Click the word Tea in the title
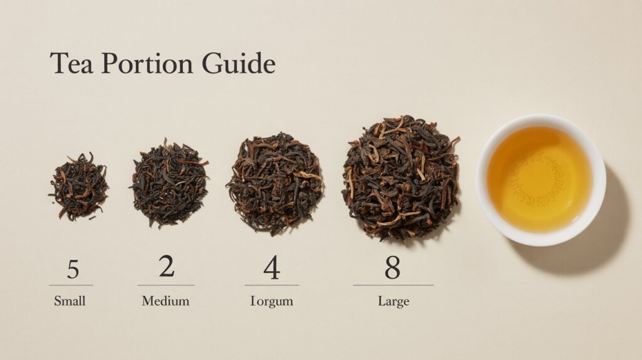[71, 64]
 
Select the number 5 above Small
[73, 268]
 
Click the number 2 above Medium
[166, 267]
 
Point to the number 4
[271, 268]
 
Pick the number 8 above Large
[392, 268]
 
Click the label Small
[70, 301]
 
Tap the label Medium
[166, 301]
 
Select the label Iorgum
[271, 302]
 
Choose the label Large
[394, 302]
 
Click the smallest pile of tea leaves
[78, 186]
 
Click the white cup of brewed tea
[540, 179]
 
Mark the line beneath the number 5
[71, 285]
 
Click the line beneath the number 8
[392, 285]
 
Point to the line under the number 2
[166, 285]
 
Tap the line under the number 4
[271, 285]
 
